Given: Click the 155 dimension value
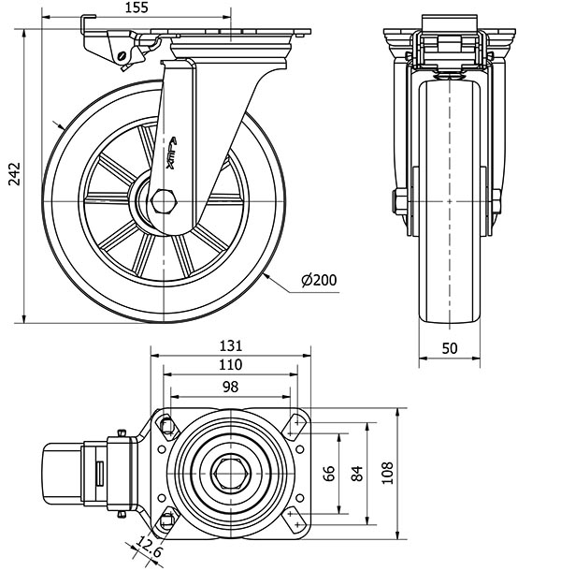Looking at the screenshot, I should (137, 7).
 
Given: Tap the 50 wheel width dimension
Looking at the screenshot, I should (449, 348).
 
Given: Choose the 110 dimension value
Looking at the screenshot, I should (230, 365).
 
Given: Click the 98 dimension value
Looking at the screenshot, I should (230, 387).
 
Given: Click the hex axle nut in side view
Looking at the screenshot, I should (165, 201).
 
